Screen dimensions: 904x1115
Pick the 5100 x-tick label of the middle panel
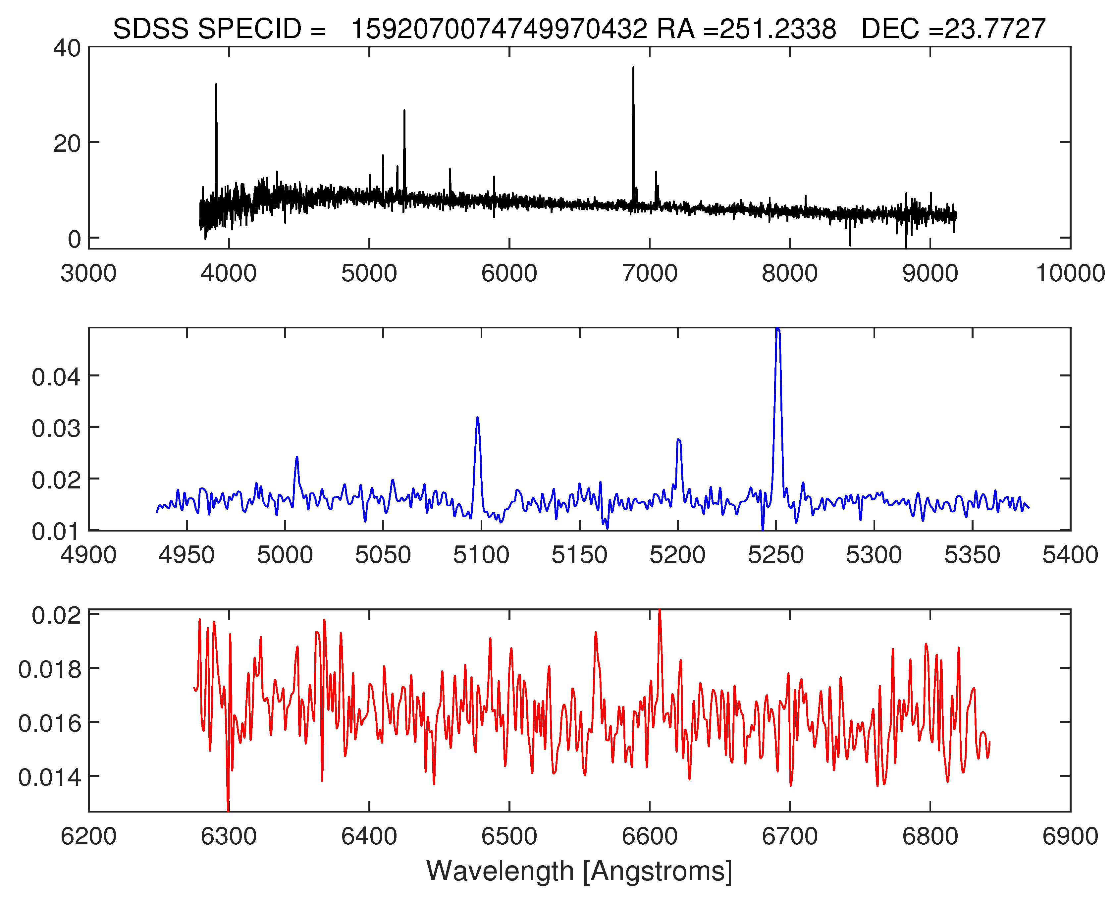point(481,555)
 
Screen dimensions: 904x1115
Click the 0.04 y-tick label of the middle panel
point(56,376)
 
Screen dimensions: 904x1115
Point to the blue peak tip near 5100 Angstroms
point(477,418)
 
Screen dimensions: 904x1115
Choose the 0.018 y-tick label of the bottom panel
point(50,669)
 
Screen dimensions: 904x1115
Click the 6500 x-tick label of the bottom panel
point(509,836)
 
